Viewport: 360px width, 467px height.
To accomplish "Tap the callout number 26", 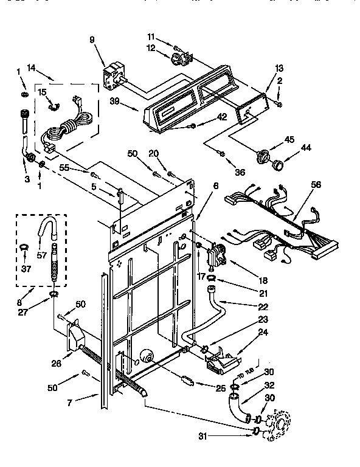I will (x=57, y=364).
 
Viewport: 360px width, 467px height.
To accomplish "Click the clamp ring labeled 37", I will (x=24, y=247).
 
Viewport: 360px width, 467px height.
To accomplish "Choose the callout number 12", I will (x=151, y=48).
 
